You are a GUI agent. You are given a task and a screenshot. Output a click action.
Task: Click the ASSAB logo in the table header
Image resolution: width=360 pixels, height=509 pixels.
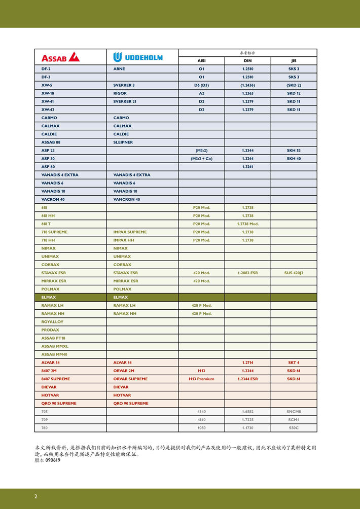(x=60, y=57)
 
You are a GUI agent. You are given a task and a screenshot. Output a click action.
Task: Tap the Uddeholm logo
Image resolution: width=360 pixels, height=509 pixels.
(x=138, y=57)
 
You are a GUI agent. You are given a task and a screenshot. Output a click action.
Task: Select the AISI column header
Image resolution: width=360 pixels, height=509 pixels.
(x=201, y=60)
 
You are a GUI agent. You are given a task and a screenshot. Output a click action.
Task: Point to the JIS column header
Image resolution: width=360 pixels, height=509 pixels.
(x=294, y=60)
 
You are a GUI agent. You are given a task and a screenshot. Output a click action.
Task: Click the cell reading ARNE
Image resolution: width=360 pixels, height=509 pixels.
(x=119, y=68)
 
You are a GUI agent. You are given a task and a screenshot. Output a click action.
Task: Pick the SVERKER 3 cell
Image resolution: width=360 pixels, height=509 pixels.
(x=124, y=85)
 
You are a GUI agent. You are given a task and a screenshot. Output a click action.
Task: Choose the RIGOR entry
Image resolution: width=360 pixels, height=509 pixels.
(x=120, y=93)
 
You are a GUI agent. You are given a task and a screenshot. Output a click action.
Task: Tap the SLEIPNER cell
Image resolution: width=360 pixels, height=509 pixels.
(x=123, y=142)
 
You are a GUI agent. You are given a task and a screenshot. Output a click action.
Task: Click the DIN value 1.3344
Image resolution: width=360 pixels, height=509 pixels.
(x=247, y=151)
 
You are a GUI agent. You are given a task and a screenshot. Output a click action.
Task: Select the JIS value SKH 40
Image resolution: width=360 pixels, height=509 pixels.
(x=294, y=159)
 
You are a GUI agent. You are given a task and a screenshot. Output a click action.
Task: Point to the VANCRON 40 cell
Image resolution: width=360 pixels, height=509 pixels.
(x=127, y=199)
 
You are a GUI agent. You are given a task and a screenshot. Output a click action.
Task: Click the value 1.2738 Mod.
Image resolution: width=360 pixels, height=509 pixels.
(x=247, y=224)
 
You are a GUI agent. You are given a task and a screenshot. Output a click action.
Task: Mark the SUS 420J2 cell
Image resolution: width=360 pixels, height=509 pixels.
(x=294, y=273)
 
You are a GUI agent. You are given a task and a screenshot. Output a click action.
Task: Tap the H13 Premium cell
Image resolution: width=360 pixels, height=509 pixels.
(x=201, y=379)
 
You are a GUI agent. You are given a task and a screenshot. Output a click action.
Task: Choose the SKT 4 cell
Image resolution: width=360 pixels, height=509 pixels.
(x=294, y=362)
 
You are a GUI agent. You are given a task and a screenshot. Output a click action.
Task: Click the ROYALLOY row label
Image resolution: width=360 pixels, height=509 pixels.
(x=53, y=322)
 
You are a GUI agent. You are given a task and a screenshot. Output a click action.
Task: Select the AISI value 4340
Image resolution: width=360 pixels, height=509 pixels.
(x=201, y=412)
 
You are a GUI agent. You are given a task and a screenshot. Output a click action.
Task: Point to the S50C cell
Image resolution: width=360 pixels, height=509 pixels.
(x=294, y=428)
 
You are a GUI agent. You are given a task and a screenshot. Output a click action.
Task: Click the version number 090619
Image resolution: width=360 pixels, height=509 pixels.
(x=53, y=460)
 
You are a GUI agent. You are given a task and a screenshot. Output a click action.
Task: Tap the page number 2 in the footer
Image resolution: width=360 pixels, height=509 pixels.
(x=36, y=496)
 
